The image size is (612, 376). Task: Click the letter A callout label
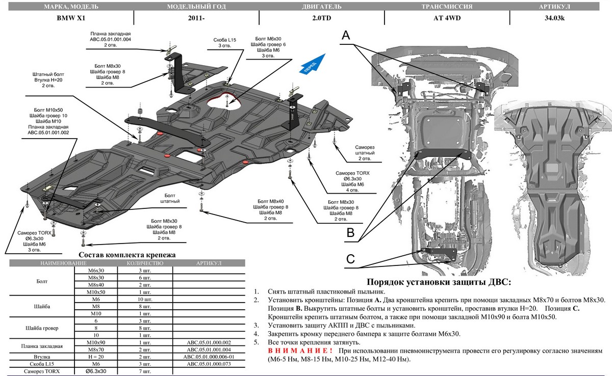point(346,36)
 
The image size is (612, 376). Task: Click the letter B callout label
point(350,233)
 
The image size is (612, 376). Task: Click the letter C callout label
point(350,259)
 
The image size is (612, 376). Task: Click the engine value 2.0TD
point(320,19)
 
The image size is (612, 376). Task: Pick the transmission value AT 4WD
point(446,19)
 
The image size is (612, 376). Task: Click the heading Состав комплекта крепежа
point(127,254)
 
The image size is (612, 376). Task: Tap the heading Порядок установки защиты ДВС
point(439,282)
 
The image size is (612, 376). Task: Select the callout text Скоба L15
point(224,39)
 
